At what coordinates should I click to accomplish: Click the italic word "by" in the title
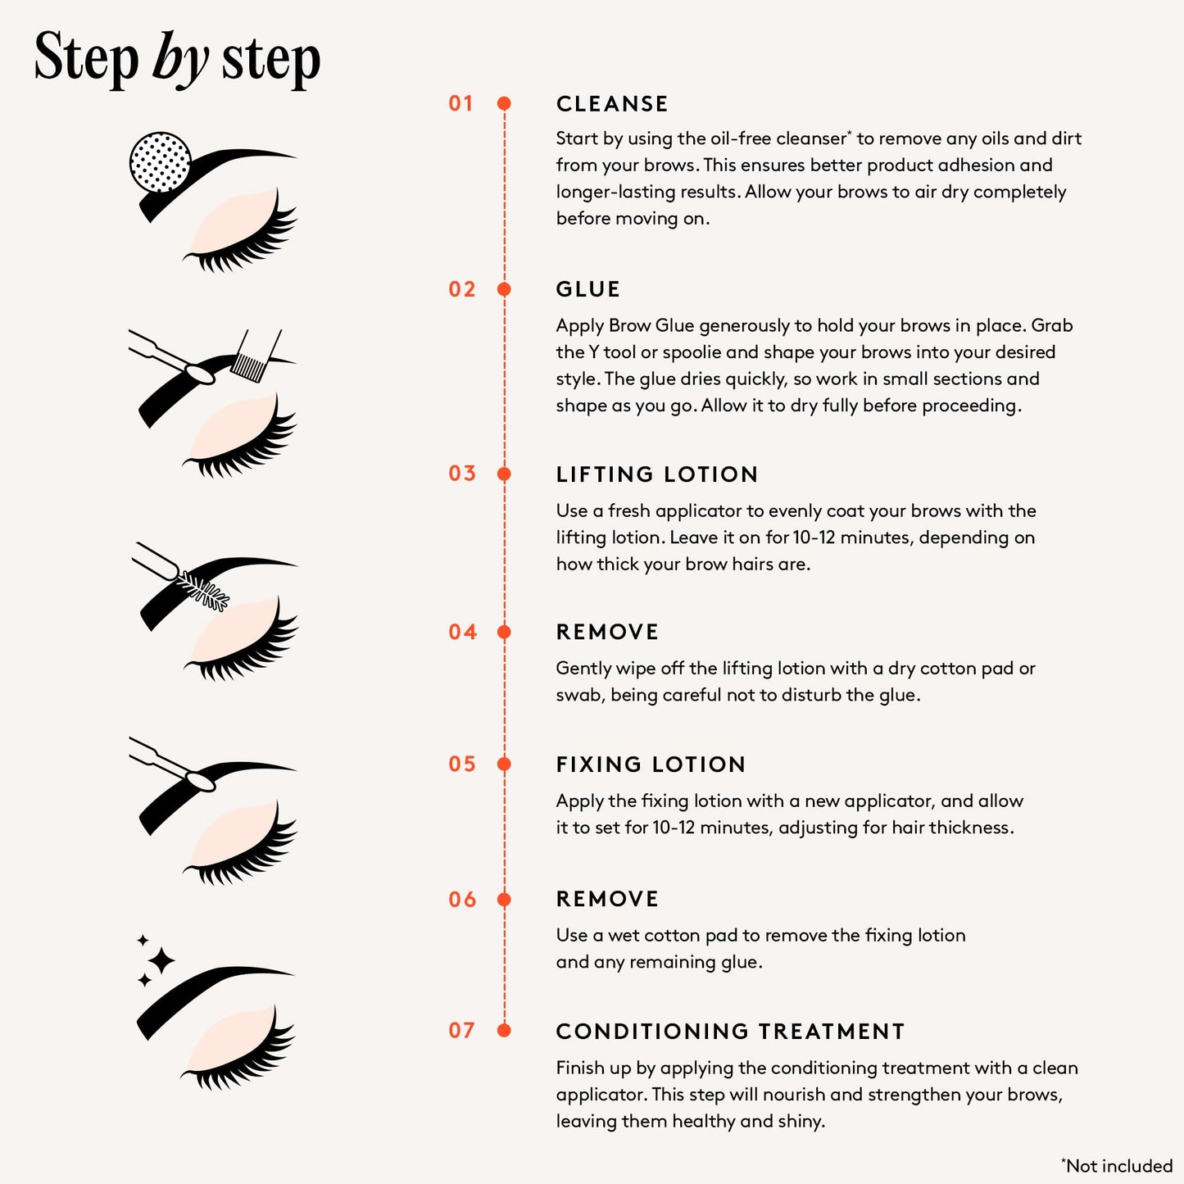click(180, 59)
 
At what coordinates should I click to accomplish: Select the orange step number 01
click(461, 104)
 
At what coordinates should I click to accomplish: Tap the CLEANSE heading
click(612, 104)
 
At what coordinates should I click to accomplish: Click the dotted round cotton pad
click(161, 162)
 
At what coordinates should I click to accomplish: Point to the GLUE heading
click(587, 289)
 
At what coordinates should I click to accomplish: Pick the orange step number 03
click(461, 474)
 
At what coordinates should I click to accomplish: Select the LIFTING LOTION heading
click(657, 474)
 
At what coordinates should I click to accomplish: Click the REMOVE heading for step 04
click(607, 632)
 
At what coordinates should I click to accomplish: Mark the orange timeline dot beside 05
click(505, 764)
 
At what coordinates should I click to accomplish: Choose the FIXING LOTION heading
click(651, 764)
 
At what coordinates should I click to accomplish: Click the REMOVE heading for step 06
click(607, 899)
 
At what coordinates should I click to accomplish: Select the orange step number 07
click(461, 1031)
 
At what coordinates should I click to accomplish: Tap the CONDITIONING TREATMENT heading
click(730, 1032)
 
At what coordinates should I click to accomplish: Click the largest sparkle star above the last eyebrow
click(161, 960)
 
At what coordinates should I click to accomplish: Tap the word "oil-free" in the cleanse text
click(741, 138)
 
